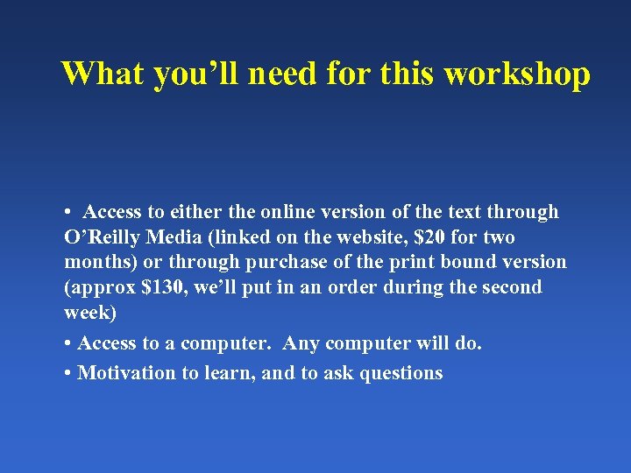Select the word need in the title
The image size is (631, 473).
[283, 74]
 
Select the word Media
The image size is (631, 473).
[177, 237]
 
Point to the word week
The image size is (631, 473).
[87, 313]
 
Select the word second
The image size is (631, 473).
[512, 287]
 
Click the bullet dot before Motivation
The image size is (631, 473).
[68, 374]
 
